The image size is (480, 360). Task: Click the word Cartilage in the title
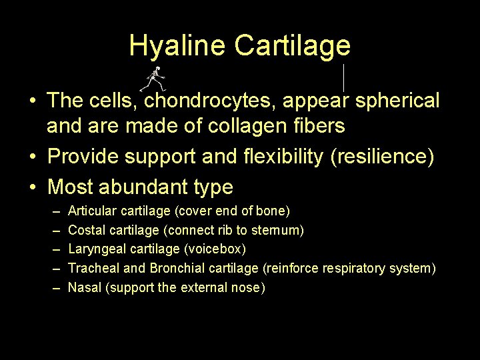click(x=292, y=45)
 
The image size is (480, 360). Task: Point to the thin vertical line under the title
click(x=343, y=77)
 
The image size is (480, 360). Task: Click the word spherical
click(x=397, y=101)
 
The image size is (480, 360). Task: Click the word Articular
click(x=93, y=211)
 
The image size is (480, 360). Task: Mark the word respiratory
click(x=354, y=269)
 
